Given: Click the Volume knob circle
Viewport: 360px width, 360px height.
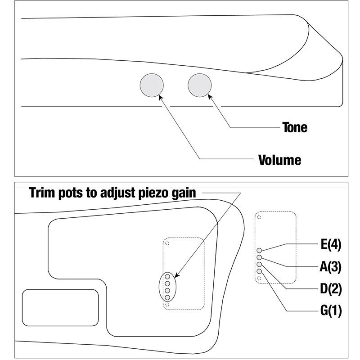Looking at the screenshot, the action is coord(152,85).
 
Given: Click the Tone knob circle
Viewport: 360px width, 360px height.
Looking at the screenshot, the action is coord(199,85).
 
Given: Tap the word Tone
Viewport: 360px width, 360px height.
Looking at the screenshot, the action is coord(295,127).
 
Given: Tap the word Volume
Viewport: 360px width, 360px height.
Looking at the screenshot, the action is coord(279,160).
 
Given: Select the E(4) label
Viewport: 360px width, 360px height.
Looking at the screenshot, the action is coord(331,244).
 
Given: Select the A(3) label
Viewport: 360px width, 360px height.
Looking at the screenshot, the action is coord(331,267).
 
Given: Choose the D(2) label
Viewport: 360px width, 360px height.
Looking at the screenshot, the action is coord(331,289).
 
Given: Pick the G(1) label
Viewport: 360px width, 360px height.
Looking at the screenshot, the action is coord(331,310).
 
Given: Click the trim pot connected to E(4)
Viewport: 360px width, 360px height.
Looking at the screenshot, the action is coord(259,250).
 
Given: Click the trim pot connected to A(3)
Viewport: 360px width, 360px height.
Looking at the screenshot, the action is coord(259,257).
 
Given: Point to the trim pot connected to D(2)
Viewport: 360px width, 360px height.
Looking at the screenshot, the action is coord(259,264).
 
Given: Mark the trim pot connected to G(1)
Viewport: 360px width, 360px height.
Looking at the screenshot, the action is coord(259,271).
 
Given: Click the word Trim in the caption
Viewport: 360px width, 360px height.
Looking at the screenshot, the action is coord(42,193).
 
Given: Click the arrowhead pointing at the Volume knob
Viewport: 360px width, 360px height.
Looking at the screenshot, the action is coord(161,97).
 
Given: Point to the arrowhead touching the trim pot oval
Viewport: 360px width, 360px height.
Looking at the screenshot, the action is coord(176,275).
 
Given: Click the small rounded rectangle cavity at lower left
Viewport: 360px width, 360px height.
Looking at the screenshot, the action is coord(60,308).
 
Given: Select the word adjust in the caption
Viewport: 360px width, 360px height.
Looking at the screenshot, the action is coord(118,193).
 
